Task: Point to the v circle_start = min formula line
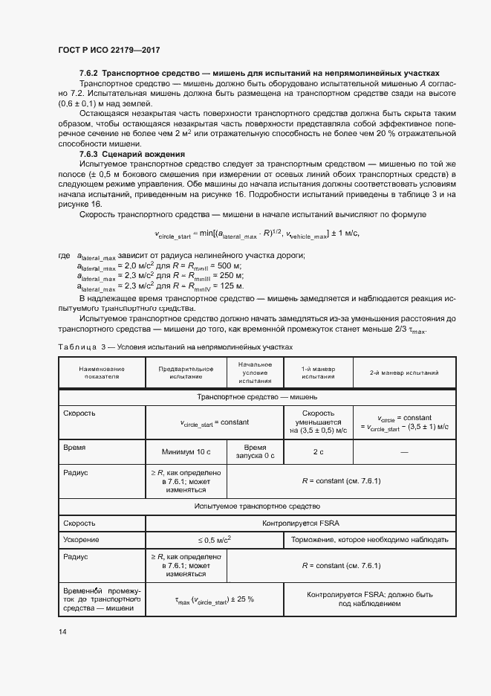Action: pos(256,233)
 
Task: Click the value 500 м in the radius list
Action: pos(231,266)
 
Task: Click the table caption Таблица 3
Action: pos(79,347)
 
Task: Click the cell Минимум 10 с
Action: pos(186,451)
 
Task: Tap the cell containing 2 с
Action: pos(318,451)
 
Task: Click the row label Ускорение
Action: pos(81,540)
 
